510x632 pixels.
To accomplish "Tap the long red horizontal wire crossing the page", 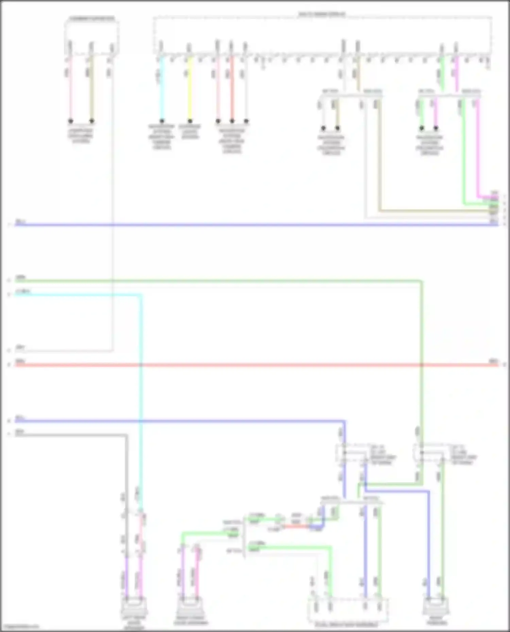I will click(x=238, y=365).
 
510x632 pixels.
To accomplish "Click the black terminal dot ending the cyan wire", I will click(x=162, y=121).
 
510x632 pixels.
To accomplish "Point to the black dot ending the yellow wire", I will click(x=190, y=121).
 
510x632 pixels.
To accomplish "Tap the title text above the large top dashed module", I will click(x=322, y=14).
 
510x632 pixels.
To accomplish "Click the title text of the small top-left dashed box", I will click(x=92, y=18).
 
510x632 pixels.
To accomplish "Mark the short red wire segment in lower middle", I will click(x=296, y=527).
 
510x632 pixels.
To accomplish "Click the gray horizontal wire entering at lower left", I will click(x=68, y=435).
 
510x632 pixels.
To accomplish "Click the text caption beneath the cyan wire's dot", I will click(x=162, y=137).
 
